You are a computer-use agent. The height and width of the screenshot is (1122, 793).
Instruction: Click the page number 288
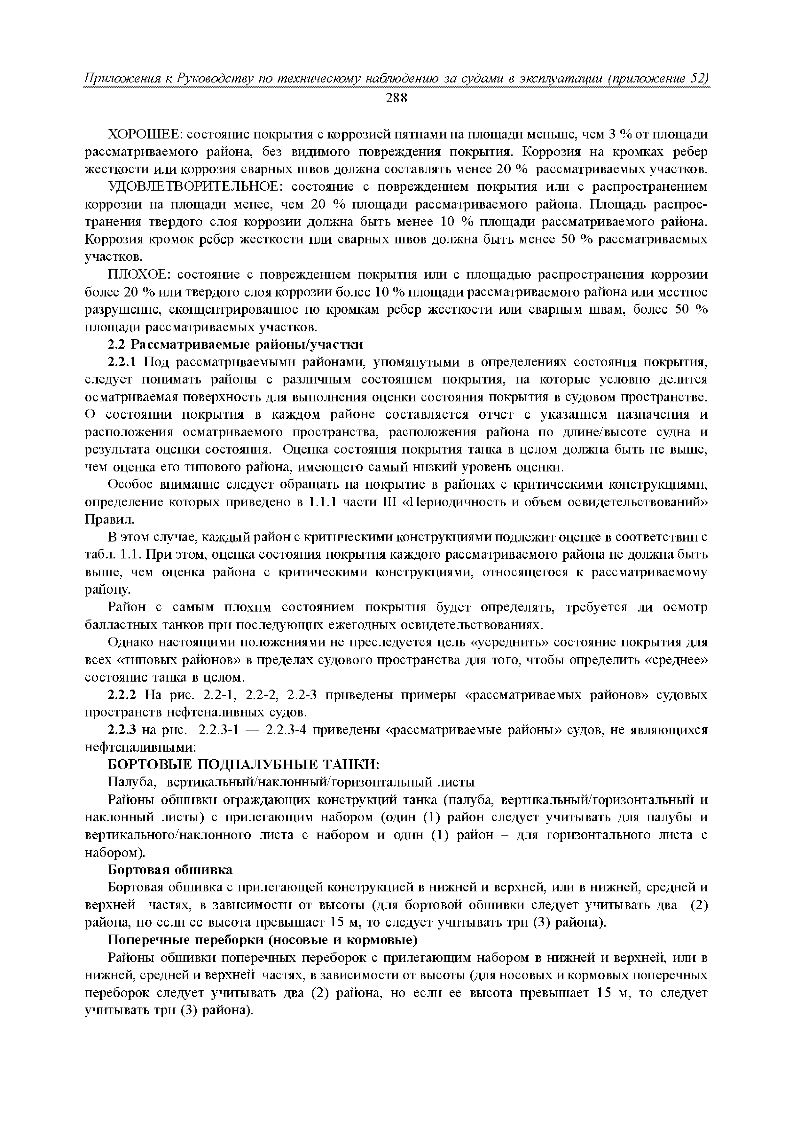coord(396,98)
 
